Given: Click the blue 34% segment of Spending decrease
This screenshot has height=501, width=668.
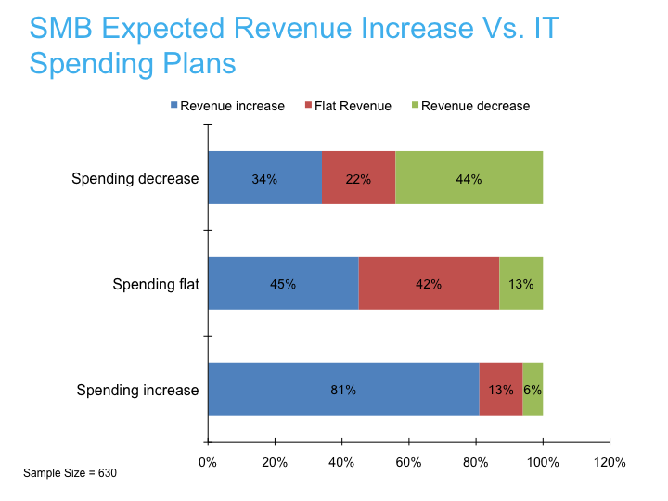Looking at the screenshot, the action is click(265, 177).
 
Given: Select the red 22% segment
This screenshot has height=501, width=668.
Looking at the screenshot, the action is click(359, 177).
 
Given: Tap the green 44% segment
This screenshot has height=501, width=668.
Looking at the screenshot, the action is click(469, 177).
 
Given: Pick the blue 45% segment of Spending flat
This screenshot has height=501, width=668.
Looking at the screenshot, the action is click(284, 283).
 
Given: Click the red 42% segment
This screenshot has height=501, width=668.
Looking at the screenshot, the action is click(429, 283).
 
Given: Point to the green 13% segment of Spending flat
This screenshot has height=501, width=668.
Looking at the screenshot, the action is click(521, 283).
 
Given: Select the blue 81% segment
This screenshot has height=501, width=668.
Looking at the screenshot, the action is click(344, 389).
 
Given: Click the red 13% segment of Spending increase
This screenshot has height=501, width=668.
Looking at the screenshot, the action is click(501, 389).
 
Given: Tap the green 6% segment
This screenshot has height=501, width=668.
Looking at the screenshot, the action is click(533, 389).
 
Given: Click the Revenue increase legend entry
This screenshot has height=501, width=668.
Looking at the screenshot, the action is click(227, 106).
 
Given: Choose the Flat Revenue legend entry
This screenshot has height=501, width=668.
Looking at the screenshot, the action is click(348, 106).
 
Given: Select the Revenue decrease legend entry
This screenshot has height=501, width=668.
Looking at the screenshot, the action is click(470, 106).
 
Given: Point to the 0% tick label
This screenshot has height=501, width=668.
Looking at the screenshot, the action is click(208, 462).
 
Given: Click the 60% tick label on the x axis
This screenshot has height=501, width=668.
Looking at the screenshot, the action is click(408, 462).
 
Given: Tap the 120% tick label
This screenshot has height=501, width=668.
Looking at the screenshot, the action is click(610, 462).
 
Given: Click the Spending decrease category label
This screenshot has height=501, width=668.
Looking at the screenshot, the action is click(135, 178).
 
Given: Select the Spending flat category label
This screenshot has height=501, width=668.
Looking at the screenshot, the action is click(156, 284).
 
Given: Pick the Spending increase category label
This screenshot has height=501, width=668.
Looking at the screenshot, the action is click(137, 391).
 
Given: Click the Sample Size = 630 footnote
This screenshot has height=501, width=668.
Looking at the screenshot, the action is click(70, 473).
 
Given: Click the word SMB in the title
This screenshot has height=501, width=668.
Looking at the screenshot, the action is click(61, 28).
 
